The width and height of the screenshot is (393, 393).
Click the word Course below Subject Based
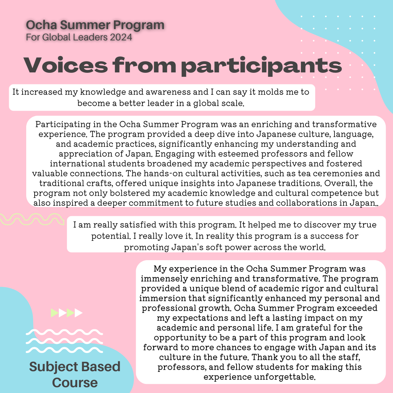click(x=75, y=382)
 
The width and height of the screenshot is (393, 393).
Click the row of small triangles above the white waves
click(x=67, y=313)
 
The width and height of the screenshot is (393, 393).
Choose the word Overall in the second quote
click(x=338, y=183)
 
